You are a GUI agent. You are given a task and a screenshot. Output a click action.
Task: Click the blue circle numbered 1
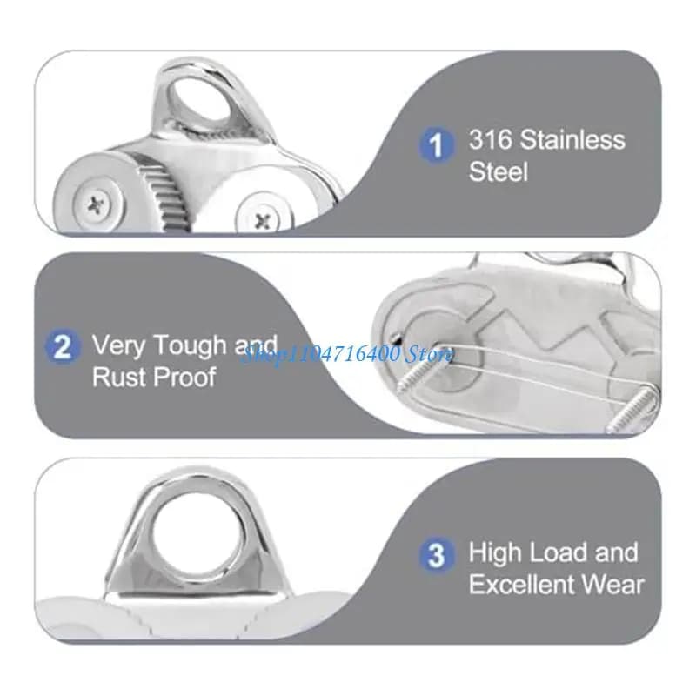(437, 144)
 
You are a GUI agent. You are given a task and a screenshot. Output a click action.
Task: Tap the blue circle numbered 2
(63, 346)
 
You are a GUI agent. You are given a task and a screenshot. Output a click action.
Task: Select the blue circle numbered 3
(437, 554)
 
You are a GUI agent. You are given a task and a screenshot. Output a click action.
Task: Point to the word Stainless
(572, 139)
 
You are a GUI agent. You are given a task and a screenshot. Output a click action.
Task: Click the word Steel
(499, 171)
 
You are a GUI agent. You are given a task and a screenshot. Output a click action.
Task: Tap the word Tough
(190, 345)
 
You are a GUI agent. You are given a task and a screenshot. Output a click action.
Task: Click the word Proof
(185, 378)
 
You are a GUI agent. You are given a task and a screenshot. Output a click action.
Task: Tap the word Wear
(613, 584)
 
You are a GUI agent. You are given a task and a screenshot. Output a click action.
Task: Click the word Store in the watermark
(430, 355)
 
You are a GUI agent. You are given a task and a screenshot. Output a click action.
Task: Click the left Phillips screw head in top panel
(97, 205)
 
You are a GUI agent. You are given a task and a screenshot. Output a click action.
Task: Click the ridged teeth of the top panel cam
(165, 194)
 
